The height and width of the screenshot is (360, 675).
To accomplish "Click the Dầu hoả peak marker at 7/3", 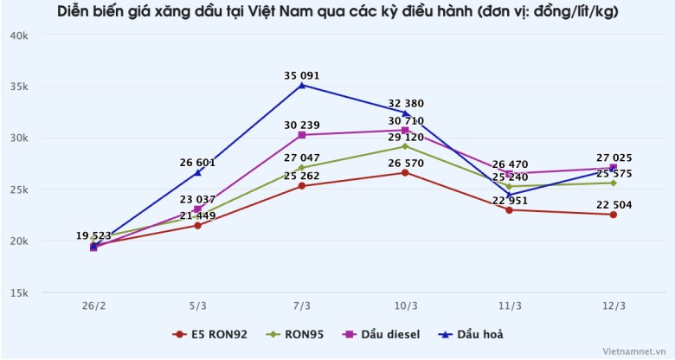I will [301, 85].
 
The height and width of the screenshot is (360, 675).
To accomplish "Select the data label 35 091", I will [301, 75].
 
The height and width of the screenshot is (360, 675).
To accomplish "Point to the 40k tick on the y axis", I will [20, 35].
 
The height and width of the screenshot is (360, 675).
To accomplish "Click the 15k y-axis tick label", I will [20, 292].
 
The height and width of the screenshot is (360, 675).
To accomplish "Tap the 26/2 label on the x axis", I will [93, 306].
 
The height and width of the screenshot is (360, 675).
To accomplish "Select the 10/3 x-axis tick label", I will [405, 306].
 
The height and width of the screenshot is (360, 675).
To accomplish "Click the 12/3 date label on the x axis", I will [613, 306].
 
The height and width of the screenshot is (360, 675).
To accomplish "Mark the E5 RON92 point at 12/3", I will [613, 215].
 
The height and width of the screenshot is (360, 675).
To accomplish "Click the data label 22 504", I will [613, 204].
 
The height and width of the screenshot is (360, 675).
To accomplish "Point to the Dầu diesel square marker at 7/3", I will [301, 135].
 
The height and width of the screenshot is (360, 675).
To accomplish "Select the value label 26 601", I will [197, 162].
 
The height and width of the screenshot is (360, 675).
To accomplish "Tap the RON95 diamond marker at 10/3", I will [405, 146].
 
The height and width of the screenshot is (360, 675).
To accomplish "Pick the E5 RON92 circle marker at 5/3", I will [197, 225].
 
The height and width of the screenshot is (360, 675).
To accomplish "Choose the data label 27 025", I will [613, 157].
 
